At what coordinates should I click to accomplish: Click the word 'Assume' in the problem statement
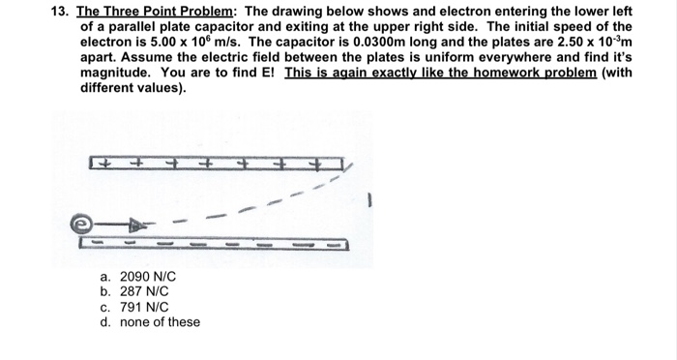140,57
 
